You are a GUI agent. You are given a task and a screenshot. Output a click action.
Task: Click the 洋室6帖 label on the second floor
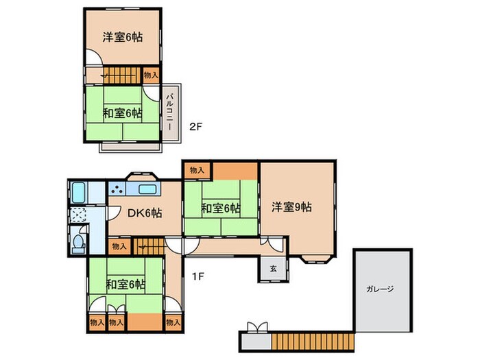point(123,38)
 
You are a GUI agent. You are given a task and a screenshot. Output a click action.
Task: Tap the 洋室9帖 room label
point(291,206)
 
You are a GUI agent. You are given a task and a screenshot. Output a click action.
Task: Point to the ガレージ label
point(381,289)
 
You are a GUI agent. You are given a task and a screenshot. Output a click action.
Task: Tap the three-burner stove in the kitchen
point(116,191)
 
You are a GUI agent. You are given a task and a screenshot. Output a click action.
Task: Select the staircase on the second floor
point(122,74)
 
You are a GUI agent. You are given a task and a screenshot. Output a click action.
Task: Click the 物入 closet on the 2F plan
point(151,75)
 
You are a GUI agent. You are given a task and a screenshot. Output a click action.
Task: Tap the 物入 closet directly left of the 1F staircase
point(119,245)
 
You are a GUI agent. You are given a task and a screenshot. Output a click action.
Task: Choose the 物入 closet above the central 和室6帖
point(197,169)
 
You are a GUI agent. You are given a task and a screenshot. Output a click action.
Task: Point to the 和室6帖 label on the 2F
point(123,112)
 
